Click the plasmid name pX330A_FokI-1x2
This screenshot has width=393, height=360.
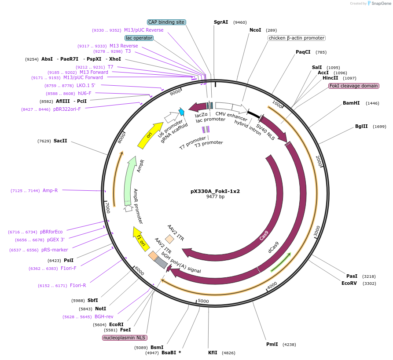click(215, 191)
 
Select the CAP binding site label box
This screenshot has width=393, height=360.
click(166, 22)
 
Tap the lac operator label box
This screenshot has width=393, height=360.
click(139, 38)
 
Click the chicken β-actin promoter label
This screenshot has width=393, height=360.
click(297, 38)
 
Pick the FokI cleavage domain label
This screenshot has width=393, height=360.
click(354, 86)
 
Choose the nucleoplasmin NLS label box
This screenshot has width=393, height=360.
click(125, 338)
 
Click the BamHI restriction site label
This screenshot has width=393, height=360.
click(351, 103)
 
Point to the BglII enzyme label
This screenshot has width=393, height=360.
click(361, 127)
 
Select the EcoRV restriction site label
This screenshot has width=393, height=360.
click(349, 284)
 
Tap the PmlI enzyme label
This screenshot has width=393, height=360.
click(272, 345)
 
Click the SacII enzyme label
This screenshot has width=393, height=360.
click(60, 141)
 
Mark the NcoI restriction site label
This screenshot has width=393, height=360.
click(255, 30)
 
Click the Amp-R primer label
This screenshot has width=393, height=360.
click(50, 190)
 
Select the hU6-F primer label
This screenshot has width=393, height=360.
click(84, 93)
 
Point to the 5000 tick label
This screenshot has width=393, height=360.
click(203, 301)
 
